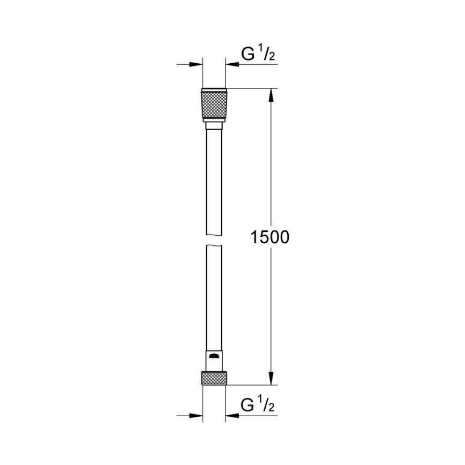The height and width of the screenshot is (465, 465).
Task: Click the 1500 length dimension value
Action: click(269, 237)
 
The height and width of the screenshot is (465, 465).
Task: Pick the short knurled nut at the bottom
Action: click(214, 377)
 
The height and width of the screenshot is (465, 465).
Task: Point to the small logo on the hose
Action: click(214, 355)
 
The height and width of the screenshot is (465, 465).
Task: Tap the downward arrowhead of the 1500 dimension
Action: click(271, 377)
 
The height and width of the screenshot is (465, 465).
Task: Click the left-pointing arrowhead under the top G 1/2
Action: click(232, 65)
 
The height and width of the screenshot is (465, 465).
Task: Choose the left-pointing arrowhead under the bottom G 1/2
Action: click(232, 415)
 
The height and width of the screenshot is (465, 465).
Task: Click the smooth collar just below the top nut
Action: click(214, 126)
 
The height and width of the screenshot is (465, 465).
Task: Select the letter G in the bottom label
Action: click(247, 405)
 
